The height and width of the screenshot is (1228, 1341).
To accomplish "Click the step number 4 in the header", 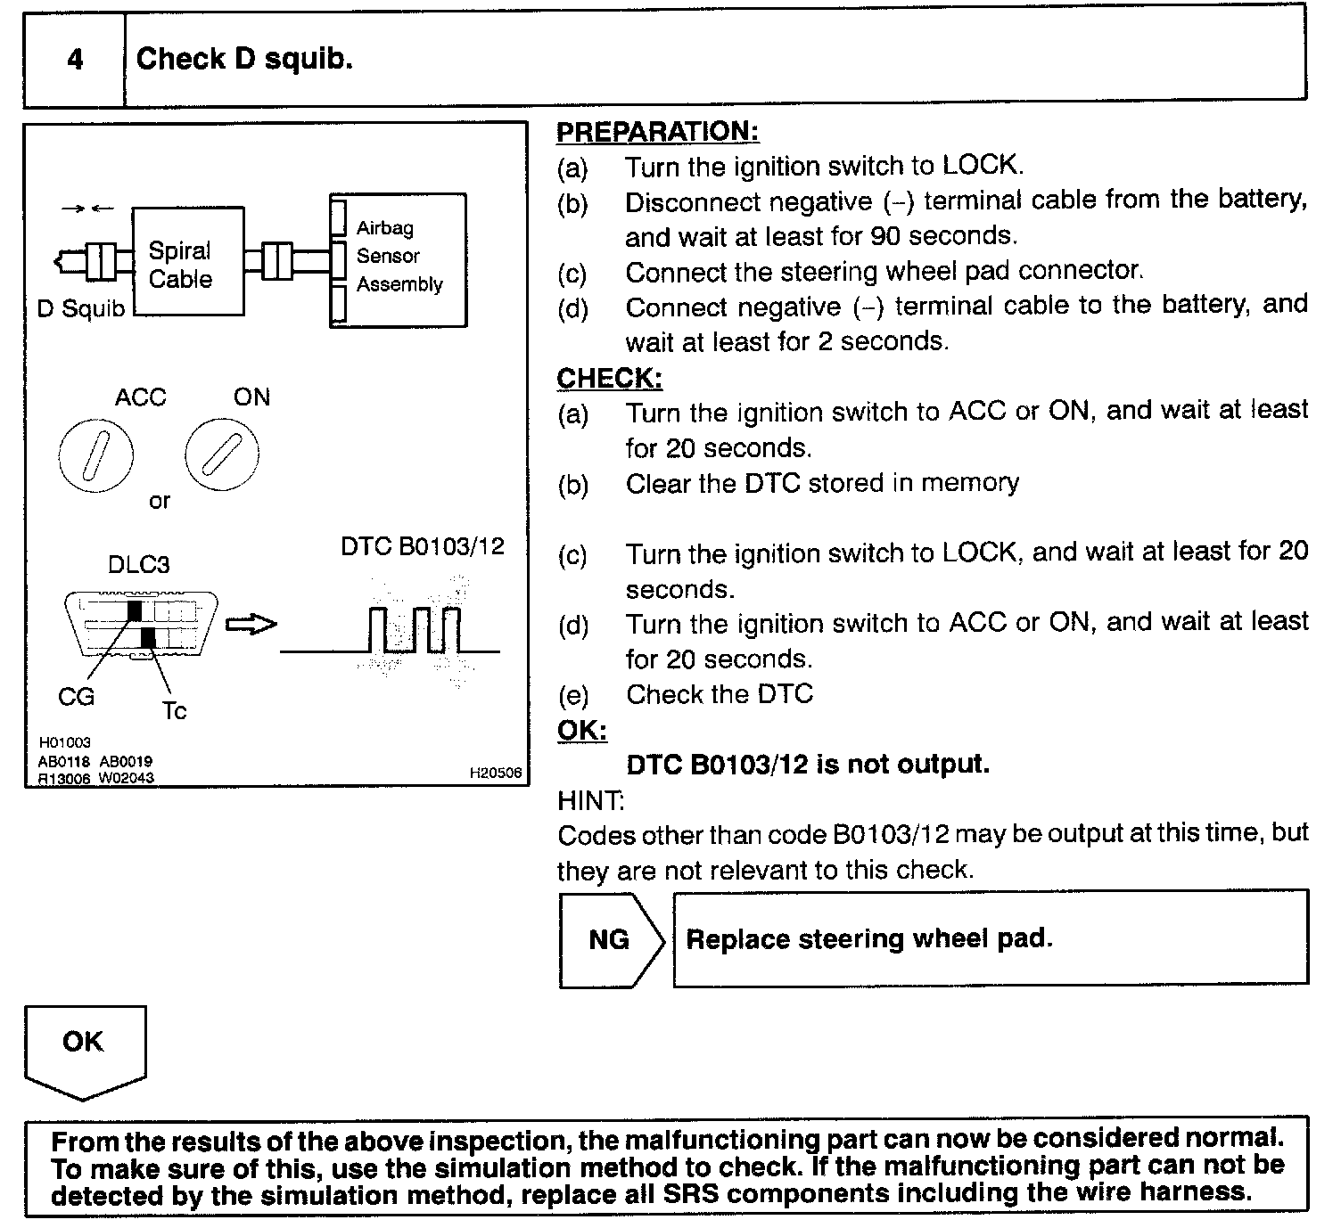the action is (x=75, y=59).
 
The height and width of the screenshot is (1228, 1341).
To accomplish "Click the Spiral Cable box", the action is (x=188, y=261).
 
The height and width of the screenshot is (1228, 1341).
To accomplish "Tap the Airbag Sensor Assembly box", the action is (x=399, y=260).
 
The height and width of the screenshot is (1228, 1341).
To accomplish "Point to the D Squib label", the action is (x=81, y=308).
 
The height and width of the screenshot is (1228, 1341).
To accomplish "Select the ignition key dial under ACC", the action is (x=95, y=455).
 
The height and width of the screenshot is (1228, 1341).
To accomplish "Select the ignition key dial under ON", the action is (x=222, y=454).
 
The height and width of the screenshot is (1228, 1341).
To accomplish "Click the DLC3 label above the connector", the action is (x=139, y=565).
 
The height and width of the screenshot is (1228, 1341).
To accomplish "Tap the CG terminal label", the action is (x=76, y=697).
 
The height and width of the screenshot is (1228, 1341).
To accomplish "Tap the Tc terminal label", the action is (x=175, y=711).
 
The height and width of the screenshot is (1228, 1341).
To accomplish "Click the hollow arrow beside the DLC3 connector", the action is (x=251, y=625).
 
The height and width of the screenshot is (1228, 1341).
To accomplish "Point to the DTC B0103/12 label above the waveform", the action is (x=423, y=546).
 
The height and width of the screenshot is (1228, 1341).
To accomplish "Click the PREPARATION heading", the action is (x=658, y=132).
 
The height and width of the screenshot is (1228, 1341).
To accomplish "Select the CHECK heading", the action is (x=610, y=378).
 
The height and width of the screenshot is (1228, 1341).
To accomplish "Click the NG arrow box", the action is (x=612, y=939).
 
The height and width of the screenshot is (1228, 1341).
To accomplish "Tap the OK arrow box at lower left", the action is (x=85, y=1052).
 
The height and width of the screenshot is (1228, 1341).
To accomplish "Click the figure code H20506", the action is (x=496, y=773).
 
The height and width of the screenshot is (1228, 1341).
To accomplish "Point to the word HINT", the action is (x=591, y=800).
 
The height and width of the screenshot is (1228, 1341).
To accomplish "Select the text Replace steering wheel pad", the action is (x=869, y=938).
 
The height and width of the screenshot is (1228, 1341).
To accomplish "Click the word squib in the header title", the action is (x=309, y=60).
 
